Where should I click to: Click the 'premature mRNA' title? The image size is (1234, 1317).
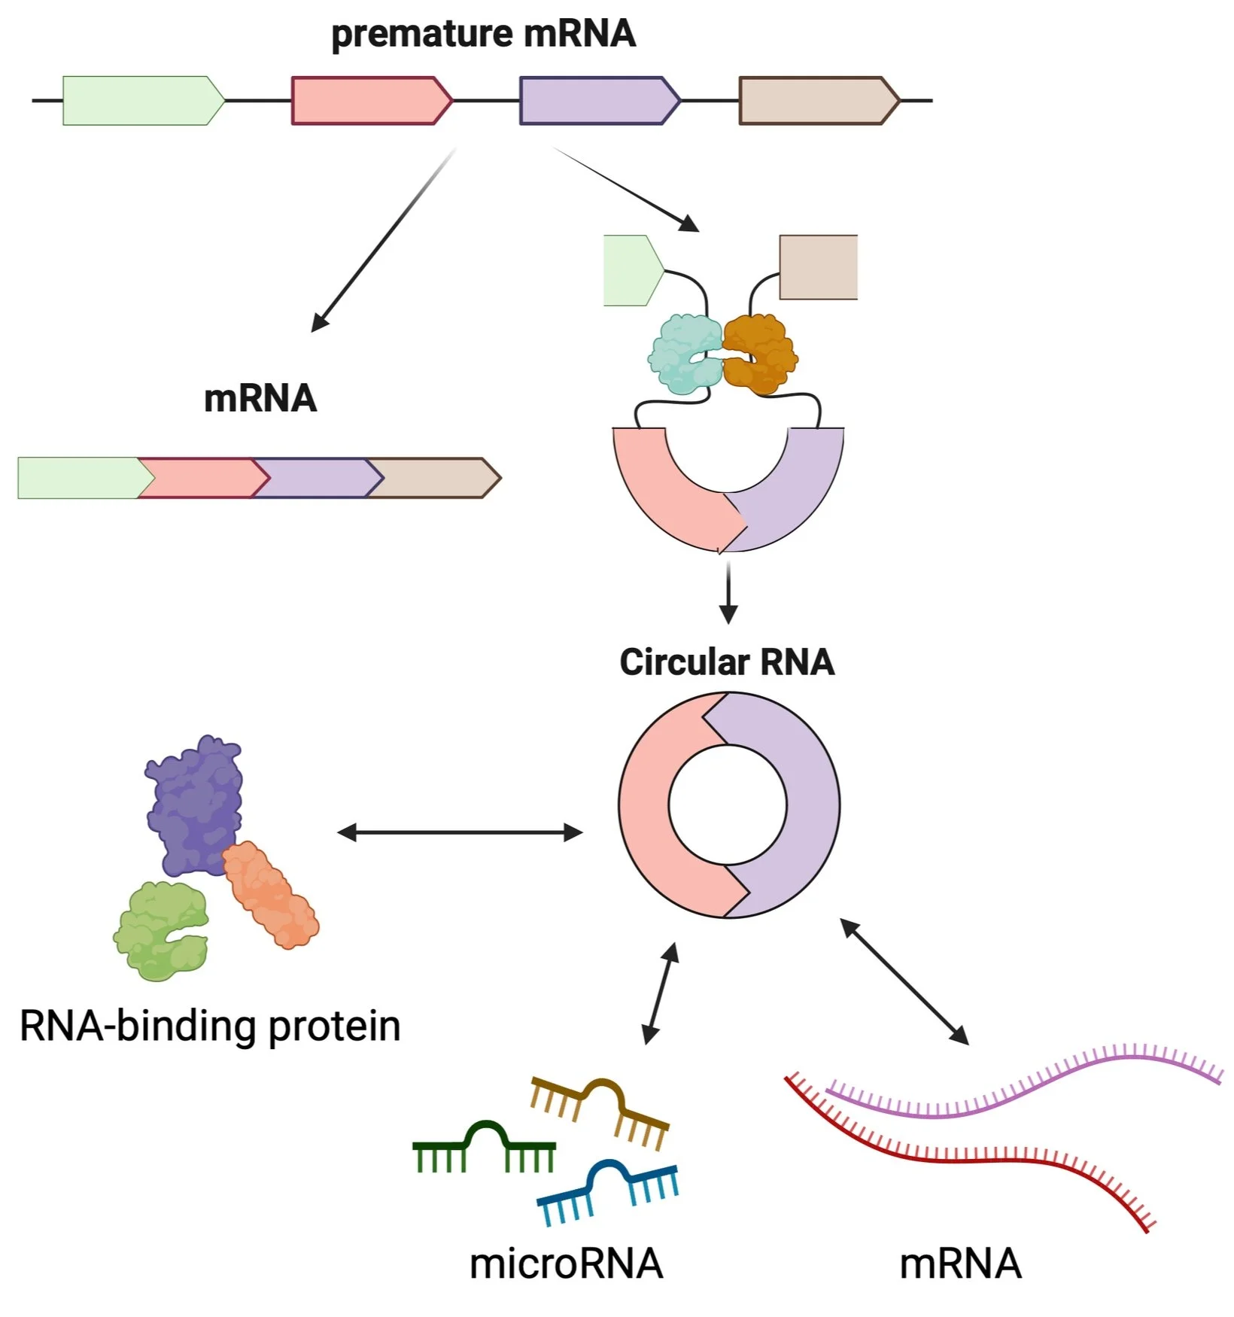(483, 35)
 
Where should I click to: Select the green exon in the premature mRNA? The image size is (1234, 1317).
(139, 100)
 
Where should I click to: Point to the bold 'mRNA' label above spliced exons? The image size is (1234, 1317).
(260, 399)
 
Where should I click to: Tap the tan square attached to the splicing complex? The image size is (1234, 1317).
(818, 267)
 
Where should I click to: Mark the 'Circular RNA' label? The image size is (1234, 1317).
(727, 662)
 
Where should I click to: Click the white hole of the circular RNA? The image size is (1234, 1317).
(728, 805)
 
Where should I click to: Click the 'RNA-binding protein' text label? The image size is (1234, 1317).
(210, 1026)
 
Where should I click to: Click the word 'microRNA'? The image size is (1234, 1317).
(566, 1264)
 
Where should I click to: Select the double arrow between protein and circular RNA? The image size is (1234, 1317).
(460, 832)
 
